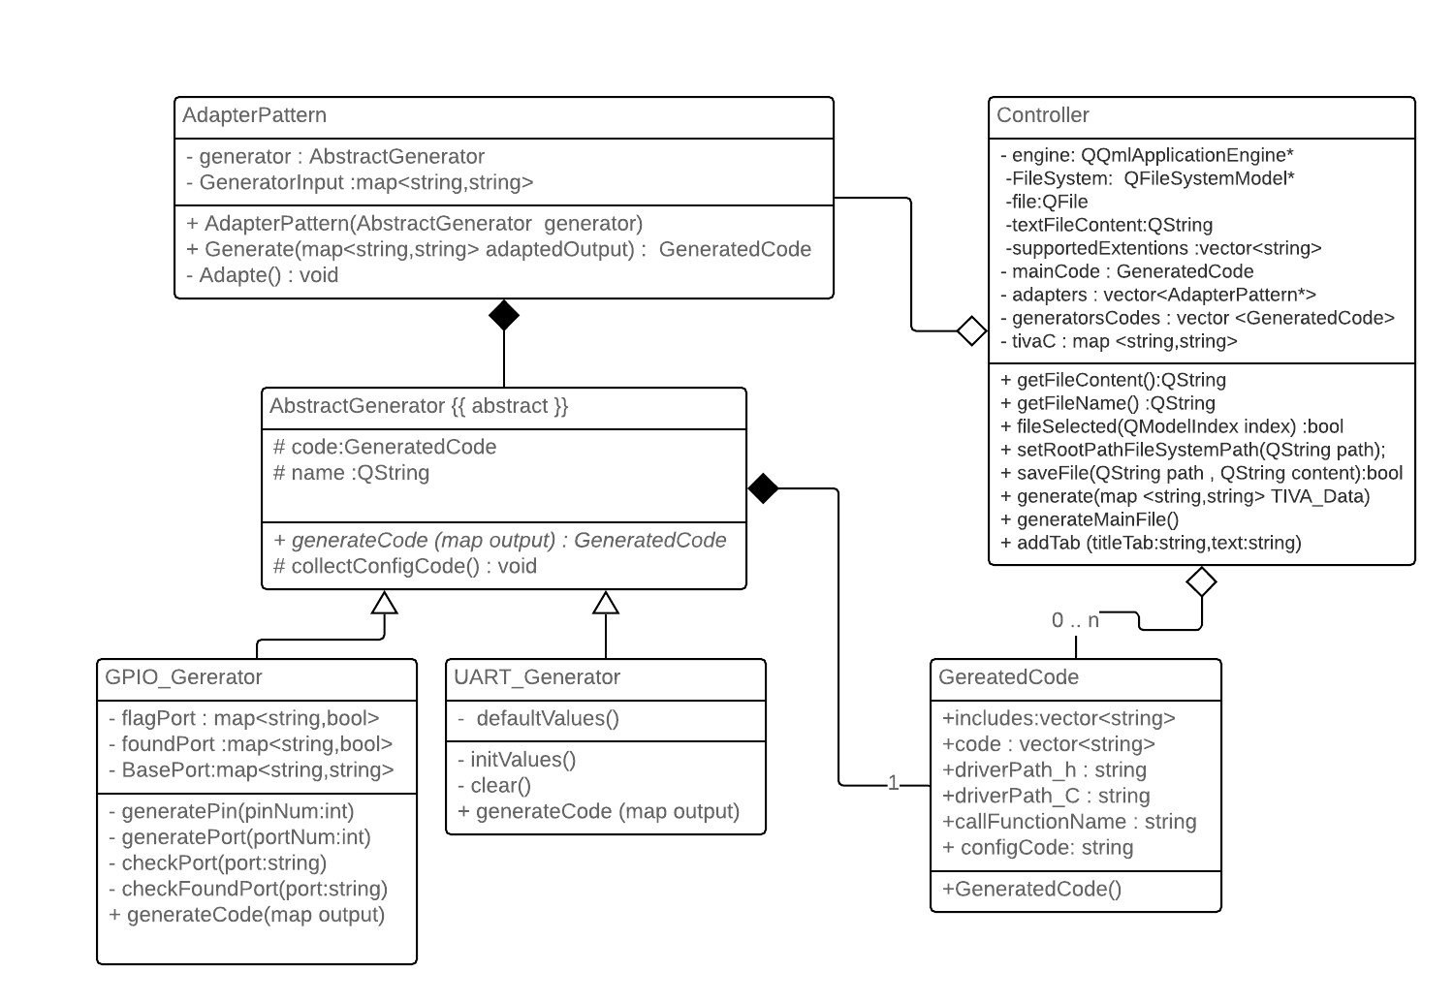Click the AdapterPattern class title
(x=255, y=115)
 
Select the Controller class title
(x=1043, y=115)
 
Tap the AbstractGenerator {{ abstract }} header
(x=419, y=406)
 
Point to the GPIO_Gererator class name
(x=183, y=677)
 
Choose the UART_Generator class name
(x=537, y=677)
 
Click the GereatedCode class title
(x=1008, y=677)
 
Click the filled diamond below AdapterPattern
(x=504, y=315)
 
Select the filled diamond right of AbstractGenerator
(x=764, y=488)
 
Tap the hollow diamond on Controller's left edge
(x=971, y=330)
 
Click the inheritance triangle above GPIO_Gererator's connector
(x=385, y=603)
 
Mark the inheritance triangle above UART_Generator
(x=606, y=603)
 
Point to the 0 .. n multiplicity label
(x=1075, y=620)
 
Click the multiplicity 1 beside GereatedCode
(x=894, y=783)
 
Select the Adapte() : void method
(x=263, y=275)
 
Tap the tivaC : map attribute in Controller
(x=1119, y=341)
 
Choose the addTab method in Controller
(x=1151, y=543)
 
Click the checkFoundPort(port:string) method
(x=248, y=889)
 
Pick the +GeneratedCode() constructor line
(x=1031, y=889)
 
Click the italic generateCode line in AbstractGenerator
(x=500, y=541)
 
